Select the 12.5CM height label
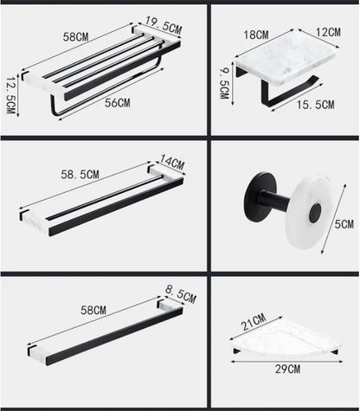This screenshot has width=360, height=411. pyautogui.click(x=11, y=93)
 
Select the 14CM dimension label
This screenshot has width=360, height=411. pyautogui.click(x=171, y=161)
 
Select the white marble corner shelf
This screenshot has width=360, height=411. pyautogui.click(x=290, y=341)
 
